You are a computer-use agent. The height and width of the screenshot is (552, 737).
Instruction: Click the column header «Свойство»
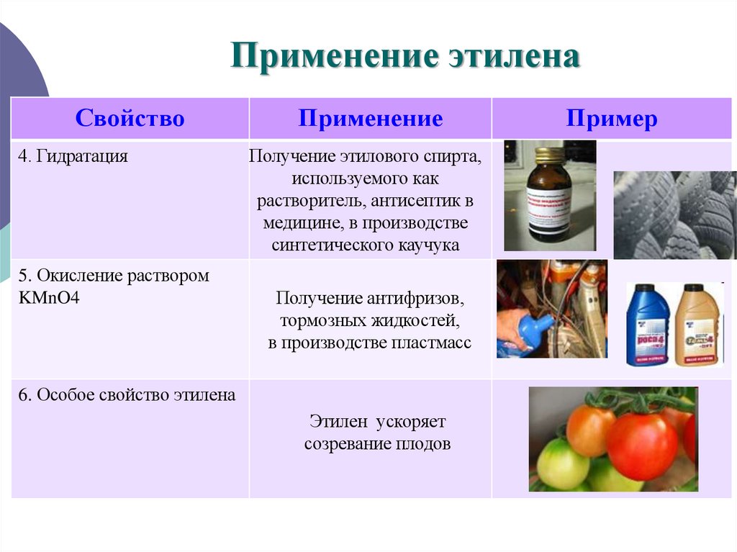[x=130, y=119]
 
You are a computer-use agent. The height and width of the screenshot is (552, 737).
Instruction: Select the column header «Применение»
[x=370, y=119]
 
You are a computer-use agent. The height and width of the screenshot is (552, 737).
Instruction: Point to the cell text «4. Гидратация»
[x=73, y=156]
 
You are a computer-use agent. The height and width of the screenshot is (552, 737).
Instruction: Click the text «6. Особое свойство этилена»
[x=127, y=395]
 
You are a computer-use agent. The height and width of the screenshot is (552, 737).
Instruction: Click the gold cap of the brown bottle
[x=549, y=155]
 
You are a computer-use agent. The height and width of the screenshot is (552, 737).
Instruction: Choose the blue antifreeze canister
[x=647, y=324]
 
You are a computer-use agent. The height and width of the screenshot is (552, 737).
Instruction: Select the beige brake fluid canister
[x=698, y=324]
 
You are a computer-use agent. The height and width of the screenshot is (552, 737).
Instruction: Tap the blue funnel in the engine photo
[x=532, y=330]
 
